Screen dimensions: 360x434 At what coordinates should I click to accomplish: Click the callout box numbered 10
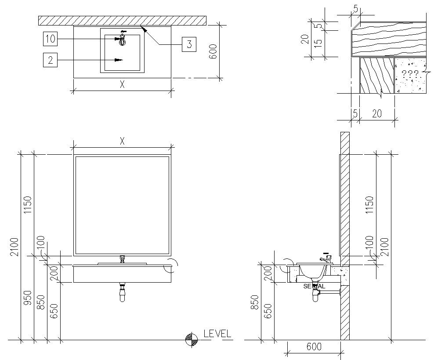pos(51,39)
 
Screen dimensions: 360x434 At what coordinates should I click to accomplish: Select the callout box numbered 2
pos(51,60)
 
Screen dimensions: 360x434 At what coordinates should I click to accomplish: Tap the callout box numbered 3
pos(189,44)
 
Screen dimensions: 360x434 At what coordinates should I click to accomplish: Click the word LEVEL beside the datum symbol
pos(217,334)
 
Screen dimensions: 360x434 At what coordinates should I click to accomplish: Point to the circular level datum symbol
pos(191,339)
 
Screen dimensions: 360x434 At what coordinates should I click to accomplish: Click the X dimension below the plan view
pos(123,85)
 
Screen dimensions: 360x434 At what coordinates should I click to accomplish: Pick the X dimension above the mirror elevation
pos(123,141)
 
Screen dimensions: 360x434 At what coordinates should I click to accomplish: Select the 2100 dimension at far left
pos(14,246)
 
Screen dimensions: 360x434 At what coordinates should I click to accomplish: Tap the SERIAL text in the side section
pos(314,286)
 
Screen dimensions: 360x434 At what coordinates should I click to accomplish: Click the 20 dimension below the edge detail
pos(376,113)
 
